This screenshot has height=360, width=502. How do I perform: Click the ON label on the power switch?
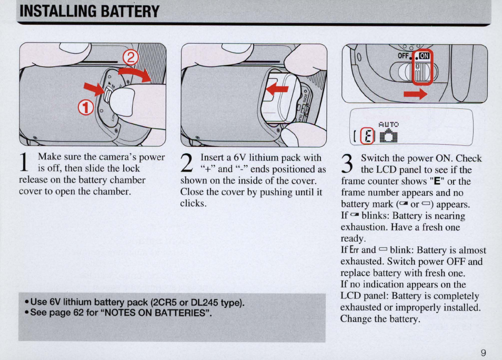point(425,57)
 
